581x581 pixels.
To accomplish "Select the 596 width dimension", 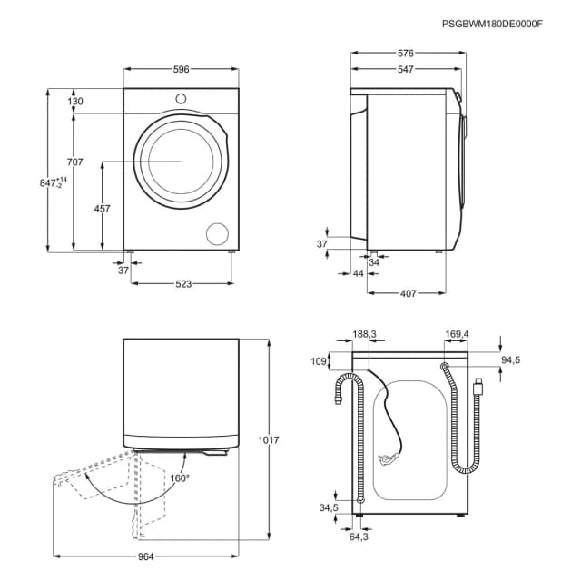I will (182, 68).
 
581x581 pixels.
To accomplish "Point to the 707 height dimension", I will (74, 162).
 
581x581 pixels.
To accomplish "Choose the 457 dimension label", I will (103, 209).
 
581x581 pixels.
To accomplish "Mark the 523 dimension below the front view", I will (183, 284).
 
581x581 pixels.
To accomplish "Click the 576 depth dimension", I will (405, 54).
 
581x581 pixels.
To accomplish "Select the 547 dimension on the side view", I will (405, 70).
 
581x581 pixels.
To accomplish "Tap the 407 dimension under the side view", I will (408, 292).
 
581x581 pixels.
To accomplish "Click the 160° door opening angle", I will (179, 478).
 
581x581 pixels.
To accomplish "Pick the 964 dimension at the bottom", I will (146, 556).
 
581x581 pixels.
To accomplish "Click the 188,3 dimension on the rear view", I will (364, 334).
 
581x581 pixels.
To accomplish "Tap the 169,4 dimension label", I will (457, 334).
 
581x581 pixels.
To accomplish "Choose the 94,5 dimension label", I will (511, 360).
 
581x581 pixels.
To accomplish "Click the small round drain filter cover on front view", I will (218, 233).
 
